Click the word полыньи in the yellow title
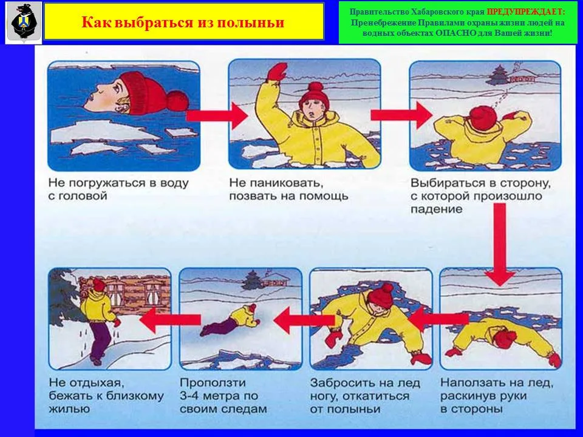click(254, 23)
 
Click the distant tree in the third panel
click(499, 75)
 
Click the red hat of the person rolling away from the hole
click(382, 294)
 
